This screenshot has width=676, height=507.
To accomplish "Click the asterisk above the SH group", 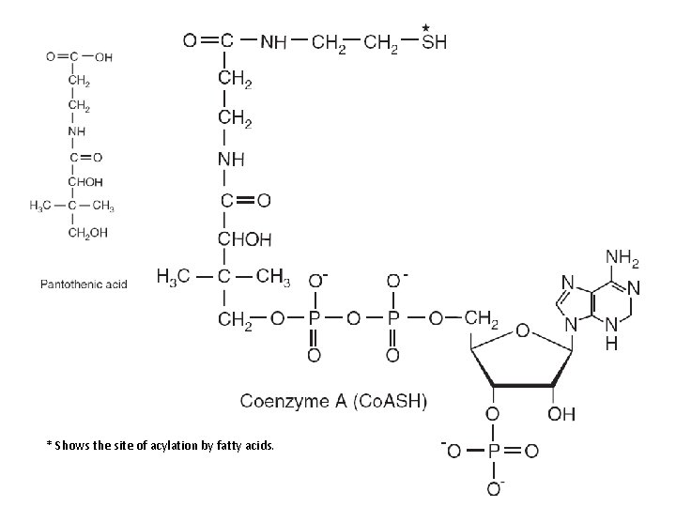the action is pyautogui.click(x=426, y=27).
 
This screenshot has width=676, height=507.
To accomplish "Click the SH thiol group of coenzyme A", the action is pyautogui.click(x=434, y=41).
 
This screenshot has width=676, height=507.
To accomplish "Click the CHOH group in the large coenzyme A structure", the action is pyautogui.click(x=243, y=239).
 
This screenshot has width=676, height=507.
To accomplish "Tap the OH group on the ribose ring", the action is pyautogui.click(x=561, y=414).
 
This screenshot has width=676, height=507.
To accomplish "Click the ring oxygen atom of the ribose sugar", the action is pyautogui.click(x=521, y=330).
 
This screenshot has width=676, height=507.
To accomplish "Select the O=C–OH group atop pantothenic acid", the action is pyautogui.click(x=79, y=55).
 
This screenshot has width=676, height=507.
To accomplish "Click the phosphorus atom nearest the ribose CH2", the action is pyautogui.click(x=393, y=318).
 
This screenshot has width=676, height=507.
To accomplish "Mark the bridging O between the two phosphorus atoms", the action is pyautogui.click(x=353, y=319).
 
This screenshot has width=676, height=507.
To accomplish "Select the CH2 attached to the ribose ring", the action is pyautogui.click(x=479, y=318).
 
